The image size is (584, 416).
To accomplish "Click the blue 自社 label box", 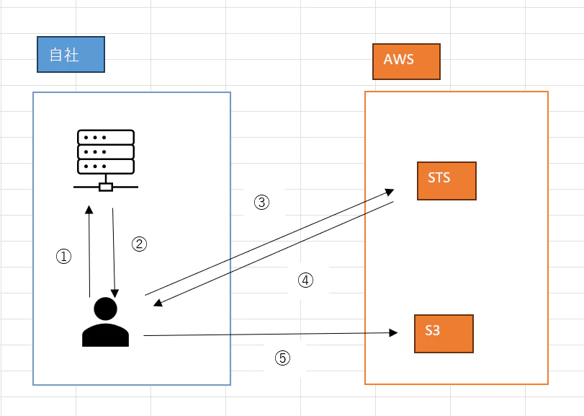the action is click(x=71, y=54).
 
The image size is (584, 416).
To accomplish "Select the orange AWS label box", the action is click(x=406, y=61).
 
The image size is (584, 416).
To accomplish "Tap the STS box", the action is click(x=446, y=181).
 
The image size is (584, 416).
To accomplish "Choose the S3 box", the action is click(x=444, y=334).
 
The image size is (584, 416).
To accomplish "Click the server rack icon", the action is click(x=106, y=160).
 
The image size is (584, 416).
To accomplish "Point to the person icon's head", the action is click(x=105, y=309).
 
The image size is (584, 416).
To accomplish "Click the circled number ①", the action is click(x=63, y=257).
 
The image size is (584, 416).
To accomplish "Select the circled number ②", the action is click(x=139, y=244).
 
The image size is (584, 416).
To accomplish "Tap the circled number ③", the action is click(x=262, y=203).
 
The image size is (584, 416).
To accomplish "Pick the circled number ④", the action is click(x=305, y=280).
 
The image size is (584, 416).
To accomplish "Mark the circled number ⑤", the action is click(x=283, y=358).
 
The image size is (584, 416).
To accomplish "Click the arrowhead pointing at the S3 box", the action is click(x=393, y=332).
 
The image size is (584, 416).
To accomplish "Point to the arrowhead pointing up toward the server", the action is click(x=89, y=210).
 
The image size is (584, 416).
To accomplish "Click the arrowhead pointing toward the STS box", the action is click(x=390, y=192).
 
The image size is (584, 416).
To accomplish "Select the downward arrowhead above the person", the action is click(x=114, y=293).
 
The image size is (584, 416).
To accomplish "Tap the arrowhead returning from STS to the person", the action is click(x=158, y=303).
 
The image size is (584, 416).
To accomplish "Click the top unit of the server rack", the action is click(x=106, y=137).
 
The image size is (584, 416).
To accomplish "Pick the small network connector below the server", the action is click(x=106, y=187).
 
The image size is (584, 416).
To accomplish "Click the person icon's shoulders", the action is click(x=105, y=335).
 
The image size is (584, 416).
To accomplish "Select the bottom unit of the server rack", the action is click(x=106, y=167).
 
